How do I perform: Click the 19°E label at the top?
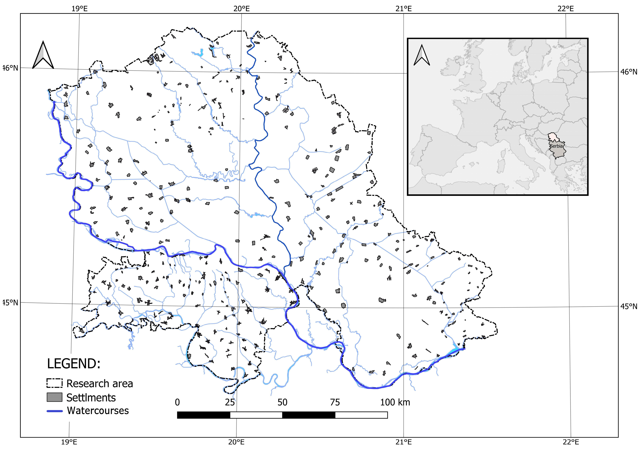tap(79, 9)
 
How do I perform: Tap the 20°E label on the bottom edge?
tap(236, 442)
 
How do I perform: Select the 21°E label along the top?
tap(403, 9)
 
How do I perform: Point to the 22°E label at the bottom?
tap(571, 442)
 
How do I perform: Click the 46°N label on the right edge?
tap(629, 72)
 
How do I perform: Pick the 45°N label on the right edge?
tap(629, 307)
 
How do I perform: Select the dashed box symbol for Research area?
tap(55, 383)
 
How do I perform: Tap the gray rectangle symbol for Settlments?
tap(55, 397)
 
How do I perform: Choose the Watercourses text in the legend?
tap(98, 411)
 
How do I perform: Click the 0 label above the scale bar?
tap(177, 403)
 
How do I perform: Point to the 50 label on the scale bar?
tap(282, 403)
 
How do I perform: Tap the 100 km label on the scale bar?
tap(395, 403)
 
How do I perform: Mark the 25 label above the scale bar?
tap(230, 403)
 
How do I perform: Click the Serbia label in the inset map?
tap(556, 146)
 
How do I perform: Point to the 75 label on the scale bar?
tap(335, 403)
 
